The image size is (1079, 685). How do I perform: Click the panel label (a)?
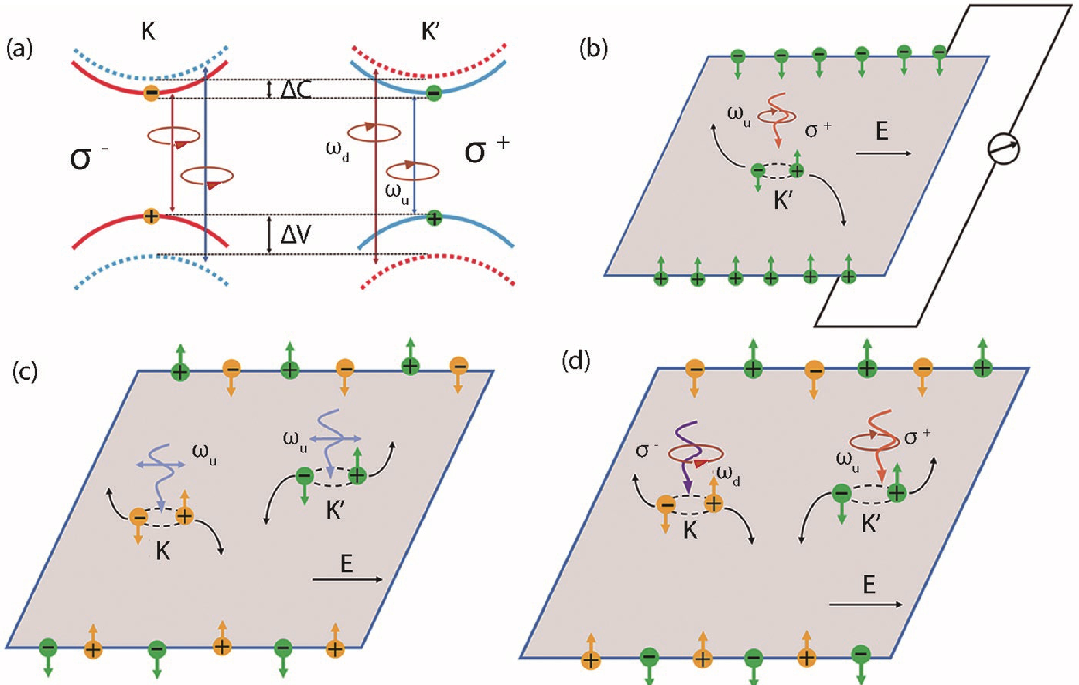click(19, 50)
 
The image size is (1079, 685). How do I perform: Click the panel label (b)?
click(594, 50)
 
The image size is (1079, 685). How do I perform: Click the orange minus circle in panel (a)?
click(151, 93)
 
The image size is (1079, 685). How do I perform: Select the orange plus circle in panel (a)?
click(151, 217)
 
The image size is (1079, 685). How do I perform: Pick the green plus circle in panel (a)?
click(433, 218)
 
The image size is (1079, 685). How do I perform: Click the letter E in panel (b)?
click(882, 132)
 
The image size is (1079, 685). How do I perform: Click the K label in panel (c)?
click(163, 552)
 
